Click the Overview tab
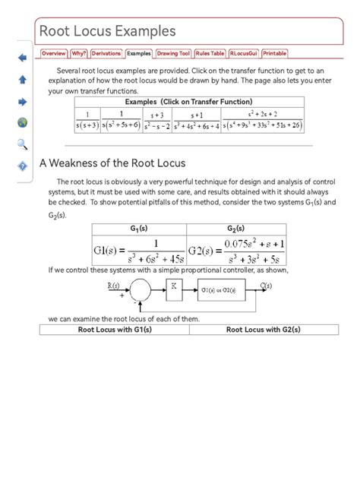(x=54, y=54)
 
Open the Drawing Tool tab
(x=173, y=54)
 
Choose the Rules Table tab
(x=210, y=54)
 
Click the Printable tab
(x=275, y=54)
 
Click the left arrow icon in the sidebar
(x=22, y=57)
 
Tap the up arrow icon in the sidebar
(x=22, y=79)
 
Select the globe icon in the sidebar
(x=22, y=122)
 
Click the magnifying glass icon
(x=22, y=144)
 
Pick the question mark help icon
(x=22, y=166)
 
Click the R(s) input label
(x=114, y=286)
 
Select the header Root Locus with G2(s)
(x=263, y=330)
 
